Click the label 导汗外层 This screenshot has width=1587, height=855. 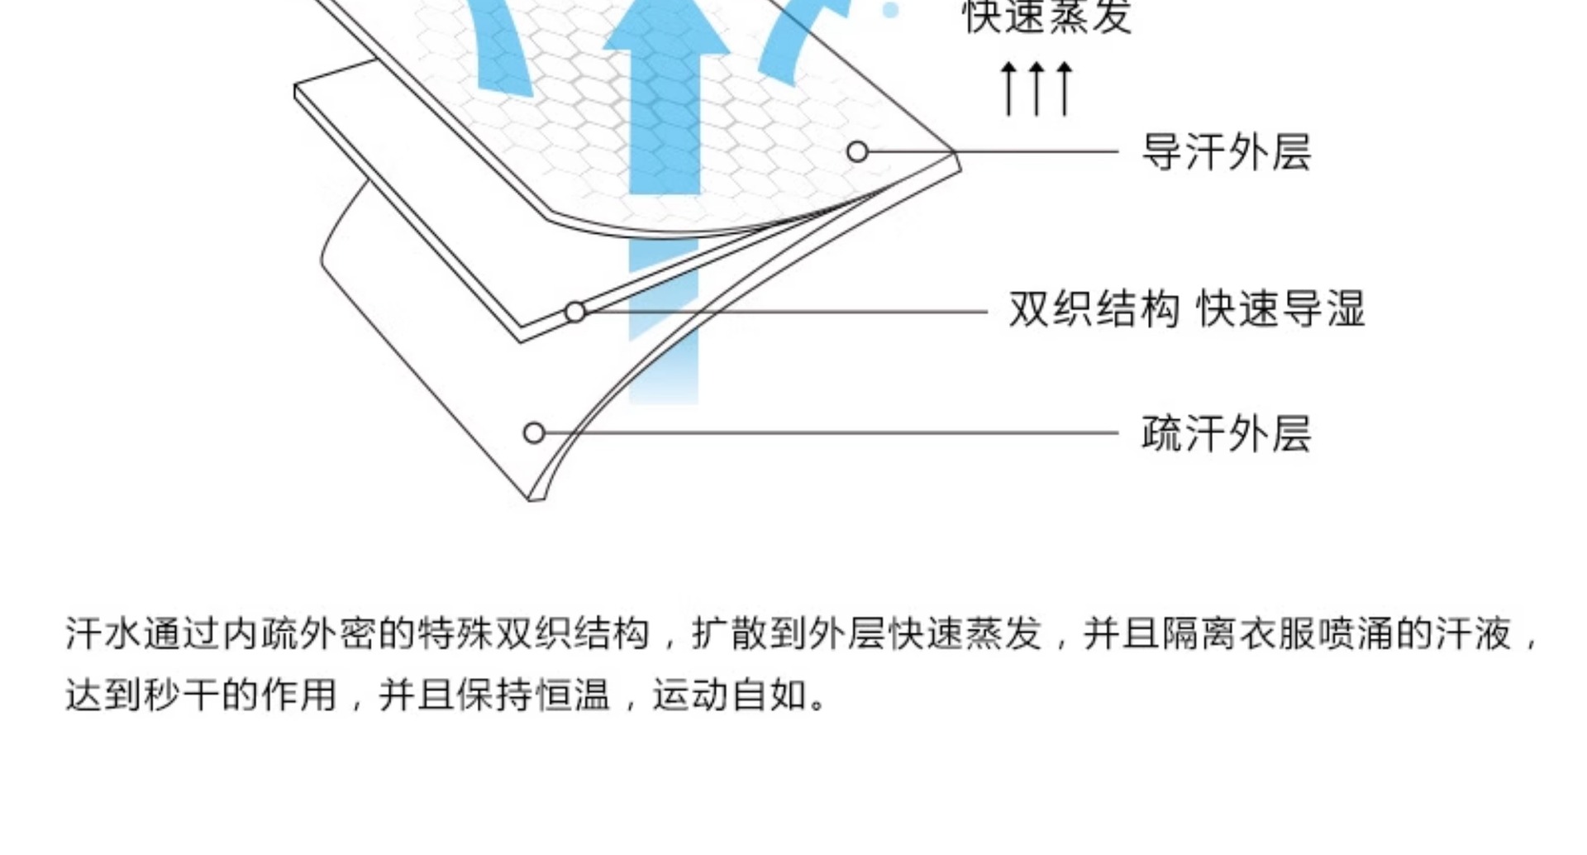[1226, 152]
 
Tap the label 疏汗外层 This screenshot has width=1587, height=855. [1226, 433]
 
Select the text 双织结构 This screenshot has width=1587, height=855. [1094, 310]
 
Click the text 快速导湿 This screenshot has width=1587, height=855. [1280, 310]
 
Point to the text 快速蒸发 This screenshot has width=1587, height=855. [1047, 17]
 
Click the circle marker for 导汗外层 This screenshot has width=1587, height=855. [857, 152]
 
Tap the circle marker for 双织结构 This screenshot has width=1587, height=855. [575, 313]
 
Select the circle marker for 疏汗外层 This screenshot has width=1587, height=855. [534, 433]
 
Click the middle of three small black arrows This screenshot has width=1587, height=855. [1037, 88]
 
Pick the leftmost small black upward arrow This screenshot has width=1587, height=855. [1008, 88]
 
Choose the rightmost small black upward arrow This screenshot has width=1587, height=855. [1065, 88]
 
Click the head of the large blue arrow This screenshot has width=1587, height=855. [665, 33]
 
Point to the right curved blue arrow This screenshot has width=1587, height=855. [798, 41]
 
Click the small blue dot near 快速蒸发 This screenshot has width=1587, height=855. [890, 10]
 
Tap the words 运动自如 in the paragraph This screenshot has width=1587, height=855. [729, 695]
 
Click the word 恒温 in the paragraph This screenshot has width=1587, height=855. [572, 695]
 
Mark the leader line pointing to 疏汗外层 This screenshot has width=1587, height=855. [827, 432]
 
